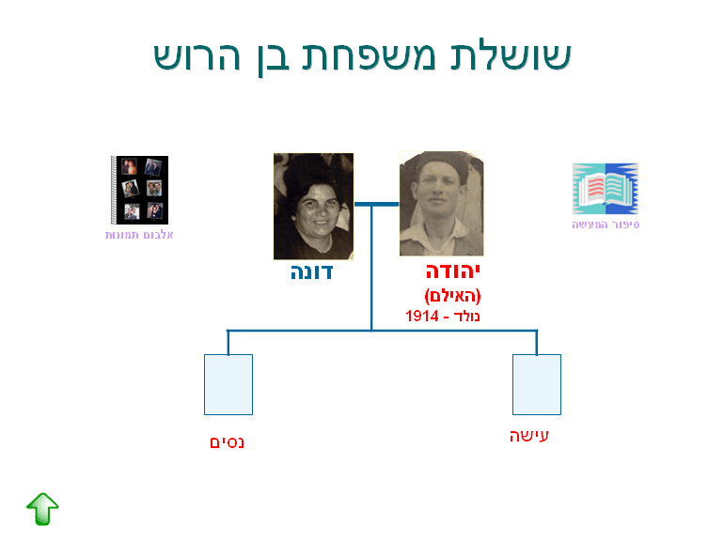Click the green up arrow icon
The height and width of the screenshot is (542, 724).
pos(42,509)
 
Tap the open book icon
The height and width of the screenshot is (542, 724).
pos(606,189)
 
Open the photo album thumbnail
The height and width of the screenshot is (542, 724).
pos(139,190)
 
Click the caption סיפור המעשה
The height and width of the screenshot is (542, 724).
pos(606,225)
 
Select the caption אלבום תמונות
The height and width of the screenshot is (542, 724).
pos(139,235)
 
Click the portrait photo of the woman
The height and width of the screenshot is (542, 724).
pos(313,207)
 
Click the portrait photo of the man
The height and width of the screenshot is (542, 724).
pos(441,203)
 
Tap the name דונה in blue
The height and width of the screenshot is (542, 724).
pos(311,272)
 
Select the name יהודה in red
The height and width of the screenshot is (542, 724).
pos(453,271)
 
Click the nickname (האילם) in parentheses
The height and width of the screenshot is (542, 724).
pos(452,296)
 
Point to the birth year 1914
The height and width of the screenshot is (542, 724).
pos(422,316)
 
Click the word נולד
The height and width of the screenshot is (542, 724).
pos(466,317)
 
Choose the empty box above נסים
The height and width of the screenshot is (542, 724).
pos(228,385)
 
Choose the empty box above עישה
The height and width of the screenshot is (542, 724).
pos(537,385)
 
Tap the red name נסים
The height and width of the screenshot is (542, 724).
pos(227,442)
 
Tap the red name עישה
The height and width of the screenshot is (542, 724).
pos(529,436)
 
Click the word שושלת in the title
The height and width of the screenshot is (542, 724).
pos(511,55)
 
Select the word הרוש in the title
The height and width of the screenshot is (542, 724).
pos(197,55)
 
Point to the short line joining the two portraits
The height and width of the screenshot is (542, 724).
pos(377,204)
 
